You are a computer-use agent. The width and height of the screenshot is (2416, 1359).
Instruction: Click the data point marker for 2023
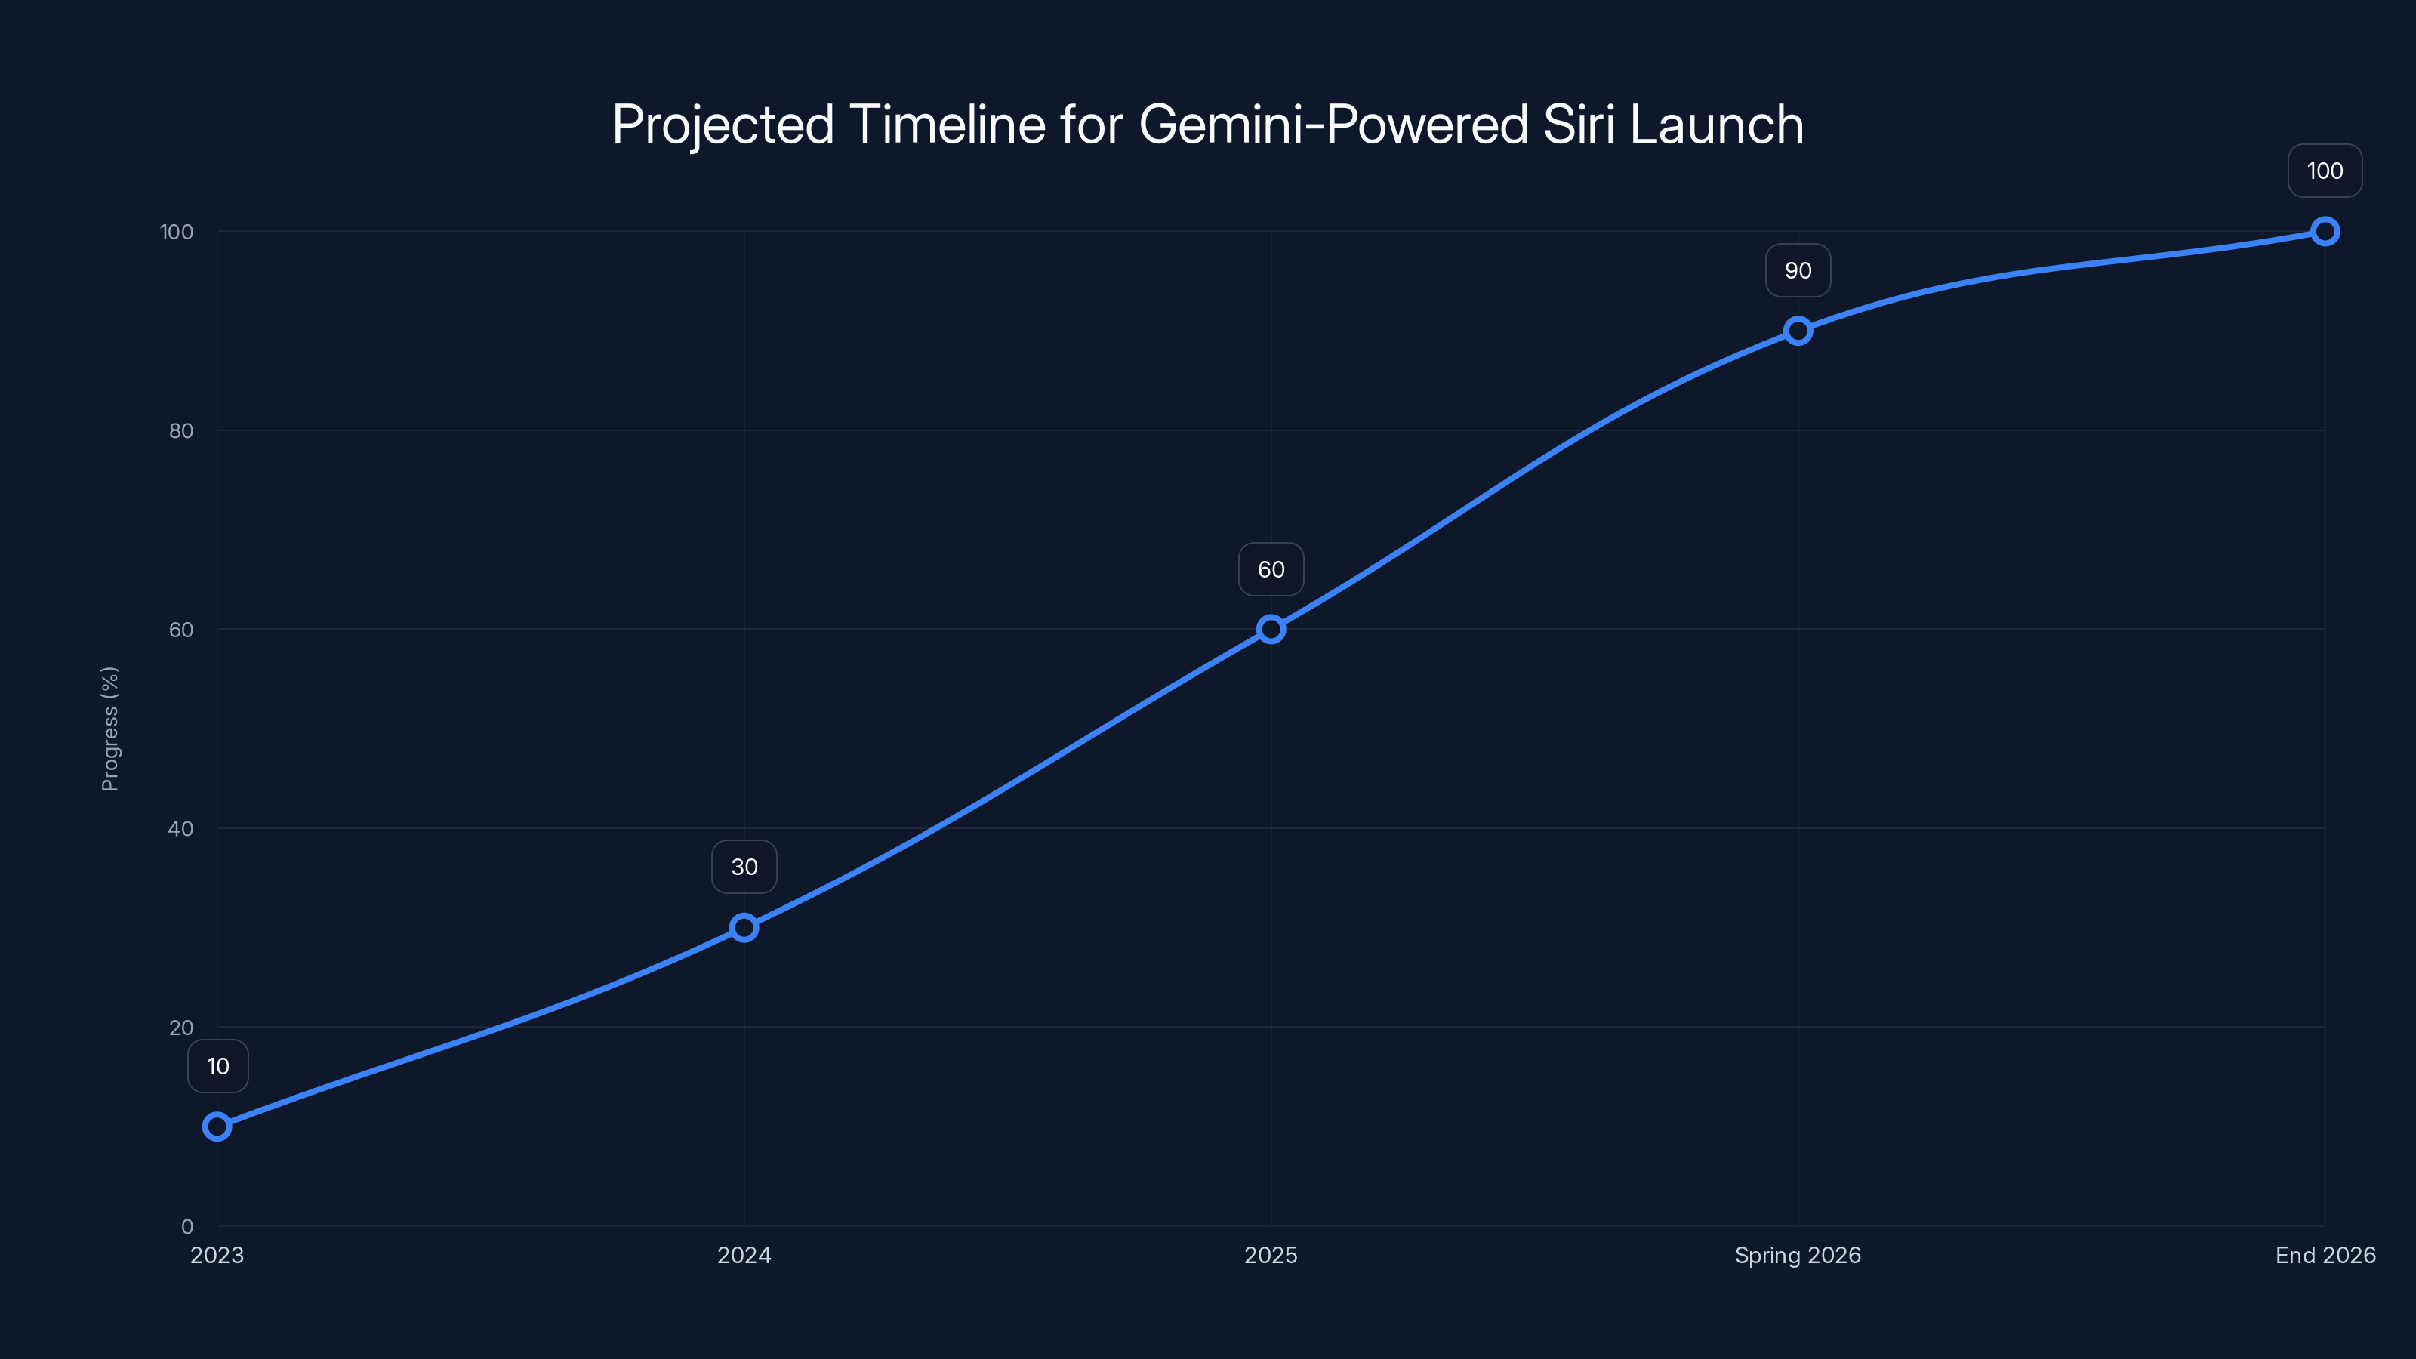pyautogui.click(x=217, y=1126)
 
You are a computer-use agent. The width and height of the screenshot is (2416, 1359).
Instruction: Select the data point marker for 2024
pyautogui.click(x=744, y=928)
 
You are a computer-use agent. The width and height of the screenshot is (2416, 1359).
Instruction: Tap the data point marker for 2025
pyautogui.click(x=1271, y=630)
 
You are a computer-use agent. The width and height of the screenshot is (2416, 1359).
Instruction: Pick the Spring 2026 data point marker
pyautogui.click(x=1798, y=330)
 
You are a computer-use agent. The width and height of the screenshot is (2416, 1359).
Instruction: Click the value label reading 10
pyautogui.click(x=217, y=1066)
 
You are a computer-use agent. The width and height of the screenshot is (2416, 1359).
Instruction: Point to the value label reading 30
pyautogui.click(x=744, y=867)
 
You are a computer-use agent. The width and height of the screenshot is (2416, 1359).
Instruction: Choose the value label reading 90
pyautogui.click(x=1798, y=271)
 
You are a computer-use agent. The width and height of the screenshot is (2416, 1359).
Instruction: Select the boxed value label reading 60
pyautogui.click(x=1271, y=569)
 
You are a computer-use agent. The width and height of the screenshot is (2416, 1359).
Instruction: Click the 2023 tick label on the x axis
pyautogui.click(x=217, y=1256)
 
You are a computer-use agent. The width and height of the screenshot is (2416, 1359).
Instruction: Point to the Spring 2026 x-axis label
pyautogui.click(x=1797, y=1256)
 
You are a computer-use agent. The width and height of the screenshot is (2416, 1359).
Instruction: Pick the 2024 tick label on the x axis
pyautogui.click(x=744, y=1256)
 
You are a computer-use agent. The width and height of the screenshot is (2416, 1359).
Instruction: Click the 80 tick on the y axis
pyautogui.click(x=181, y=431)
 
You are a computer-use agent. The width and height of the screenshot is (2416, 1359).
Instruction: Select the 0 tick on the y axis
pyautogui.click(x=187, y=1227)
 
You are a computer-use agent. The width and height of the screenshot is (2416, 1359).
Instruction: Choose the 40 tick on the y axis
pyautogui.click(x=181, y=829)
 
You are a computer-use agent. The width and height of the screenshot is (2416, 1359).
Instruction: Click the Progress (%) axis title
pyautogui.click(x=109, y=729)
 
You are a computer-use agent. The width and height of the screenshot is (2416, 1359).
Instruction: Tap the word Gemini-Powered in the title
pyautogui.click(x=1333, y=125)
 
